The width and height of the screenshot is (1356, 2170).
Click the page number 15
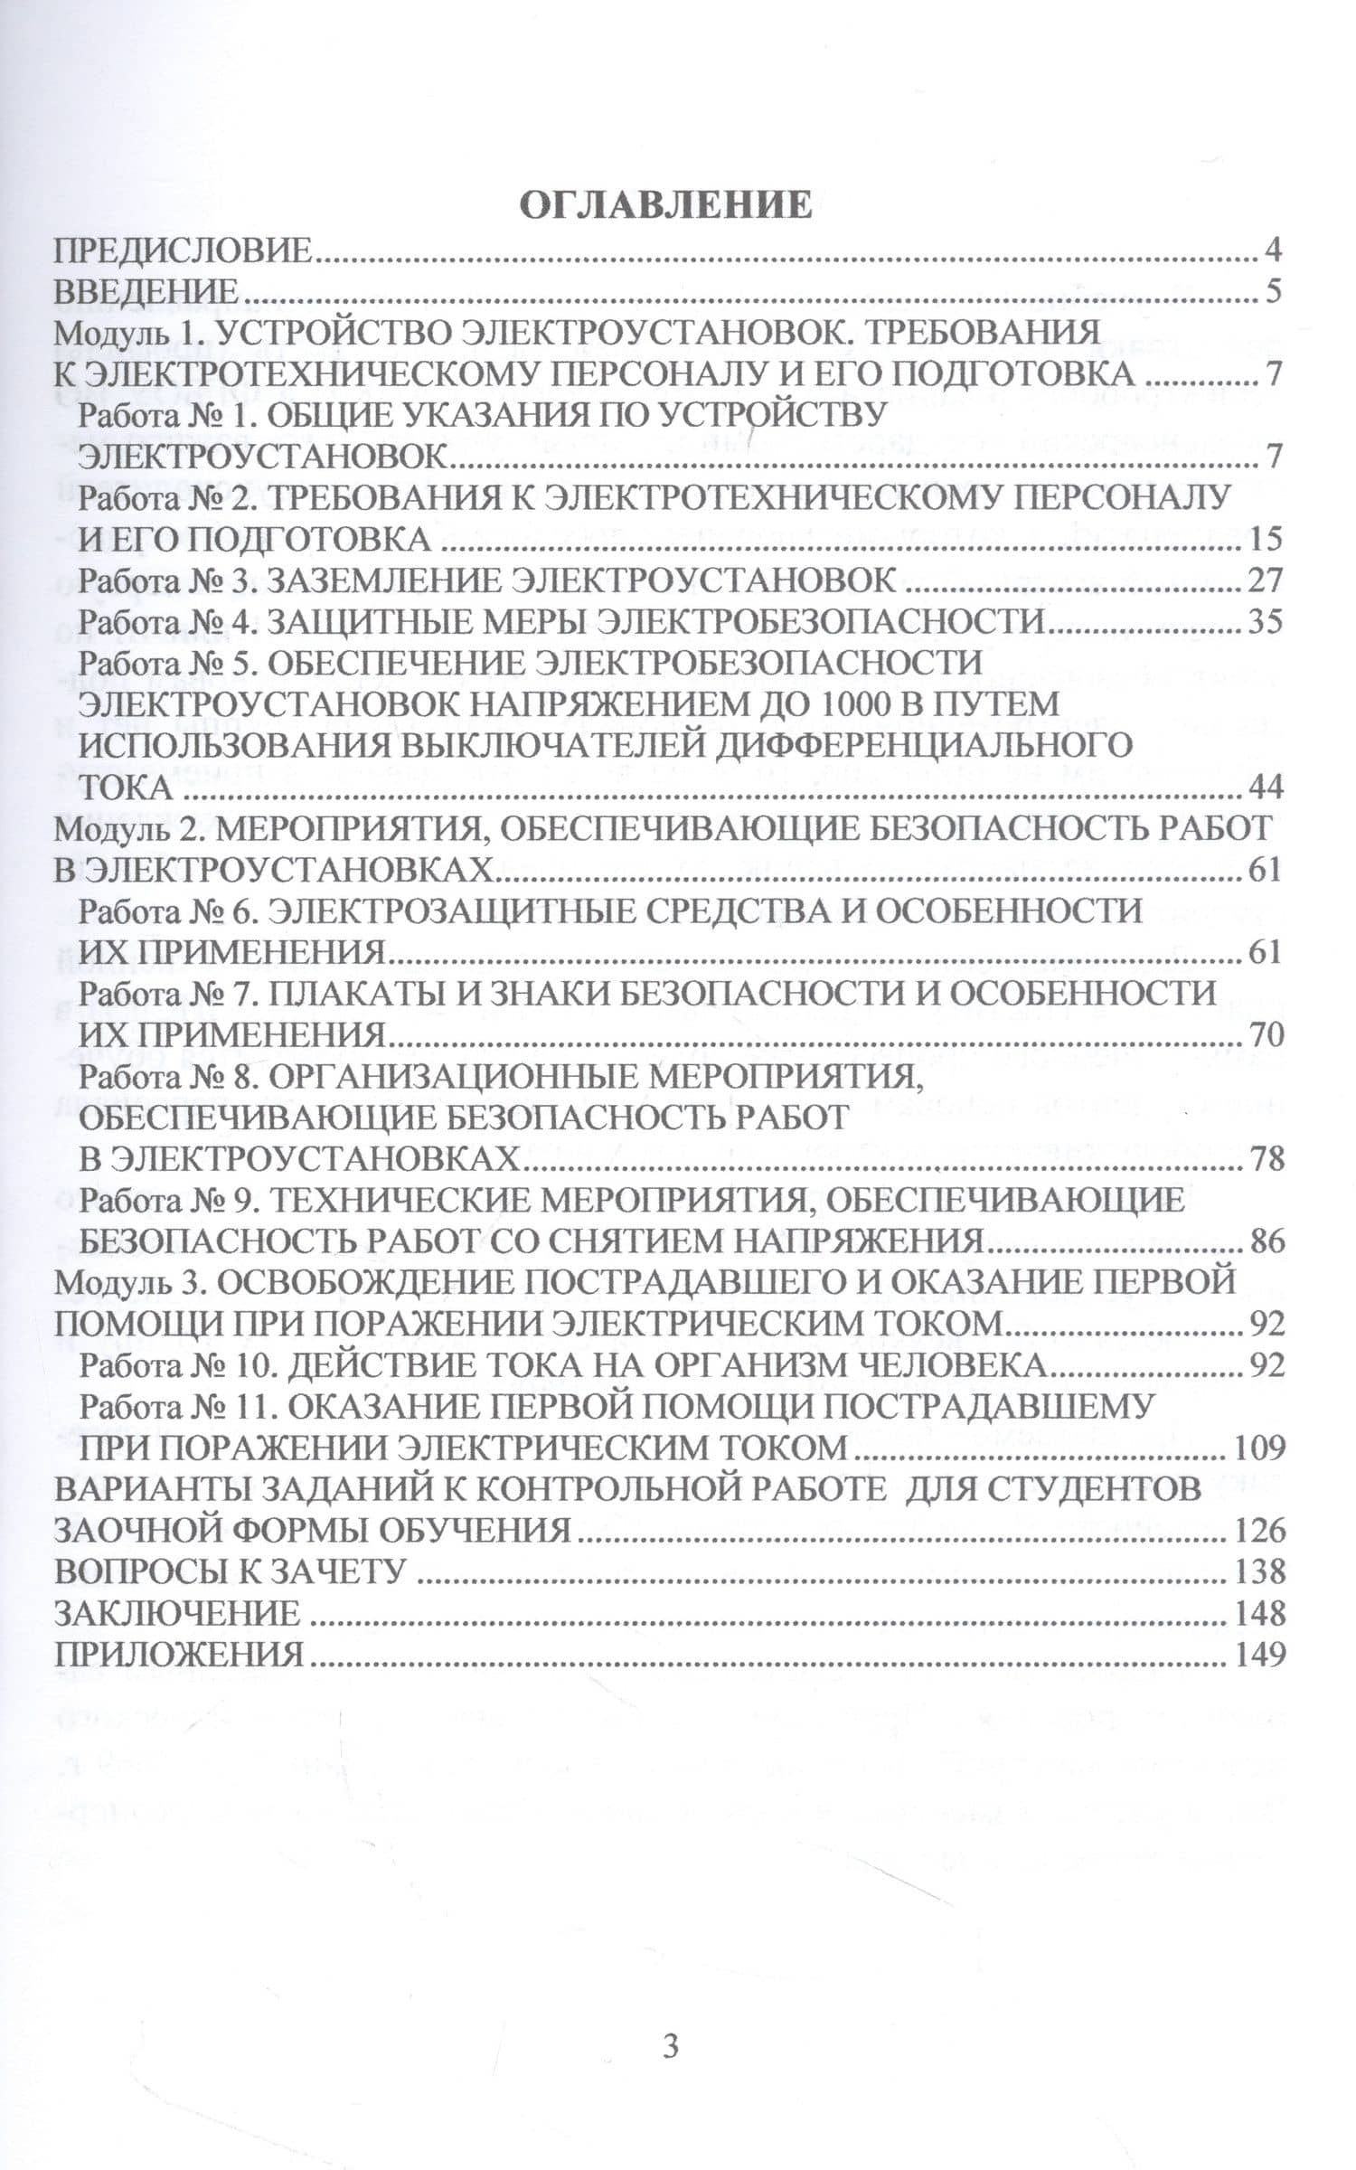tap(1267, 540)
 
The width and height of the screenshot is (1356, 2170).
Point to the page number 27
tap(1265, 580)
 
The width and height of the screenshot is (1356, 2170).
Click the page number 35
tap(1265, 622)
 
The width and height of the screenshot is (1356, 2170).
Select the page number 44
tap(1265, 788)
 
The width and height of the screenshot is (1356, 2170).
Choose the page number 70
tap(1266, 1034)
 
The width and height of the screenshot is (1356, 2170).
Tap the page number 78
tap(1266, 1158)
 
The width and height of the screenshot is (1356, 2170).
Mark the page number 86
tap(1266, 1241)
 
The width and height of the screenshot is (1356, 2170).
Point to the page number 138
tap(1258, 1571)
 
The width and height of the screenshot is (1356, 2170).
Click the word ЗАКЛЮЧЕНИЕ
tap(177, 1613)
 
